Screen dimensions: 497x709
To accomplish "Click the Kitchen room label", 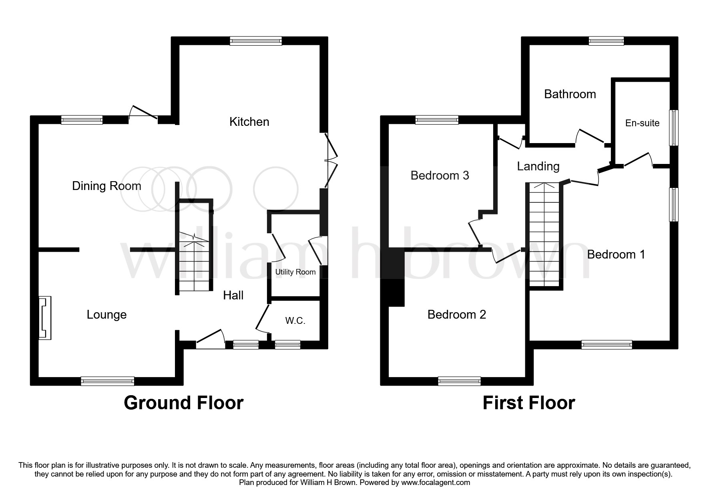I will pyautogui.click(x=249, y=121).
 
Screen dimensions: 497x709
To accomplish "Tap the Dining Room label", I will pyautogui.click(x=106, y=186).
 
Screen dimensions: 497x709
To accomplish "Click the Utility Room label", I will pyautogui.click(x=295, y=272).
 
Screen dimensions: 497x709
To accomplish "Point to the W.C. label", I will pyautogui.click(x=295, y=321).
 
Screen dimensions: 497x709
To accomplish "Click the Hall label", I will pyautogui.click(x=233, y=295).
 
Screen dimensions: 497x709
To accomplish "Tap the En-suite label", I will pyautogui.click(x=642, y=123).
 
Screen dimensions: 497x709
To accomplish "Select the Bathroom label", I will pyautogui.click(x=570, y=94).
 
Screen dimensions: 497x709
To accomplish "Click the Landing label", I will pyautogui.click(x=538, y=166).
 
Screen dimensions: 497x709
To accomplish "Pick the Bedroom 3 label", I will pyautogui.click(x=440, y=175).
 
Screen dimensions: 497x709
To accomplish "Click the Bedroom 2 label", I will pyautogui.click(x=456, y=314).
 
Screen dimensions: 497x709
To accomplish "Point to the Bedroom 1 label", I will pyautogui.click(x=616, y=254).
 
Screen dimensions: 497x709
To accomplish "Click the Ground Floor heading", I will pyautogui.click(x=183, y=402).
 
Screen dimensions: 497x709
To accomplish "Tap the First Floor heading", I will pyautogui.click(x=528, y=402).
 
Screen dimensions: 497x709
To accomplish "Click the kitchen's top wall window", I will pyautogui.click(x=255, y=40).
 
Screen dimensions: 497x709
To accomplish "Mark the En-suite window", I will pyautogui.click(x=674, y=127).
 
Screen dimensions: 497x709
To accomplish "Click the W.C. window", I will pyautogui.click(x=287, y=344).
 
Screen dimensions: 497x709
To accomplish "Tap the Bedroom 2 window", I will pyautogui.click(x=459, y=381).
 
